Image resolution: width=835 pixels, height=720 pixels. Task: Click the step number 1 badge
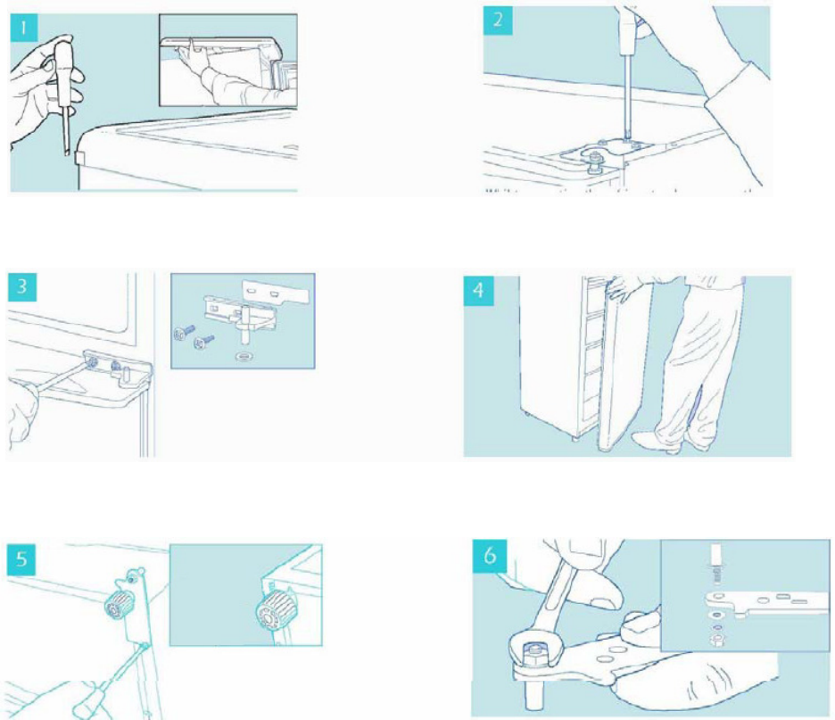(x=24, y=28)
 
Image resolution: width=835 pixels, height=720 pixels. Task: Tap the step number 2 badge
(x=498, y=21)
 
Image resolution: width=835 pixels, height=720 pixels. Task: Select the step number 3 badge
(x=21, y=287)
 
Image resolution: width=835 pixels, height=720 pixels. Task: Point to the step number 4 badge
(x=478, y=291)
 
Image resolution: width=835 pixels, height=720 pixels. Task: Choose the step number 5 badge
(x=21, y=559)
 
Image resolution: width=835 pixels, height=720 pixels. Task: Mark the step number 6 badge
(x=490, y=556)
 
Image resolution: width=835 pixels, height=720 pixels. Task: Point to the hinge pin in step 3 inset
(x=245, y=325)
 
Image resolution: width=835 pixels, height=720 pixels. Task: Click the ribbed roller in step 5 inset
(x=272, y=611)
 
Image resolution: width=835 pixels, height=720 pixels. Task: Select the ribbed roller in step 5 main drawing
(x=119, y=606)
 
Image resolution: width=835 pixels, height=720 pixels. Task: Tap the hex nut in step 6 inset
(x=717, y=637)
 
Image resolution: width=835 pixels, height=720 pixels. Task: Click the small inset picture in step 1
(x=227, y=60)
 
